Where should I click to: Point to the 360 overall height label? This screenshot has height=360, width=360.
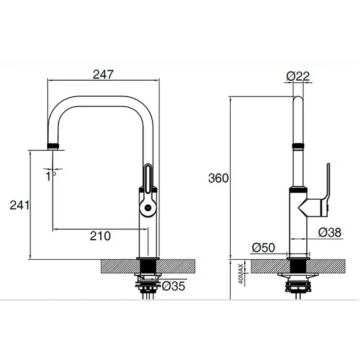219,178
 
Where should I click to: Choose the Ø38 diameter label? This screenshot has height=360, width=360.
330,232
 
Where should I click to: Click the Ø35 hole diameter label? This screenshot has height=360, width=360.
173,287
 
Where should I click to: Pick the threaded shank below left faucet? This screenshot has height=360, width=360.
147,282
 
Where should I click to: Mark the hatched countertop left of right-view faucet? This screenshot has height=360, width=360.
259,266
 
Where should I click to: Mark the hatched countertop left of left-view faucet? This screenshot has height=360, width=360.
118,266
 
